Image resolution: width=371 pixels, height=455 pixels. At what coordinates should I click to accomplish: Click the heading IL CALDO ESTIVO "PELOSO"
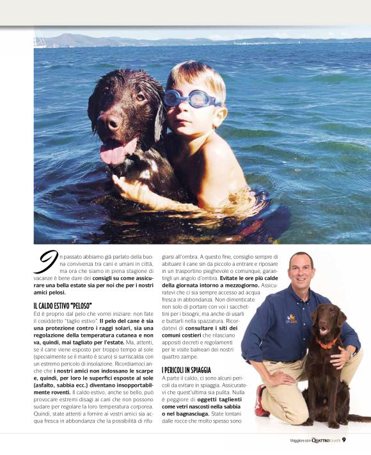tap(62, 306)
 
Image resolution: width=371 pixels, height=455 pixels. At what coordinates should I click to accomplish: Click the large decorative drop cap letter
tap(45, 264)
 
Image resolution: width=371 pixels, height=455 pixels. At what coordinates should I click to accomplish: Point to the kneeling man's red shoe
tap(261, 401)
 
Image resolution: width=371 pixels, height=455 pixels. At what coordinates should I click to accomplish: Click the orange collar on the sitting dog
tap(328, 343)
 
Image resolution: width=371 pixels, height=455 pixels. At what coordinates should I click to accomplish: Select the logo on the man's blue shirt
tap(291, 317)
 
